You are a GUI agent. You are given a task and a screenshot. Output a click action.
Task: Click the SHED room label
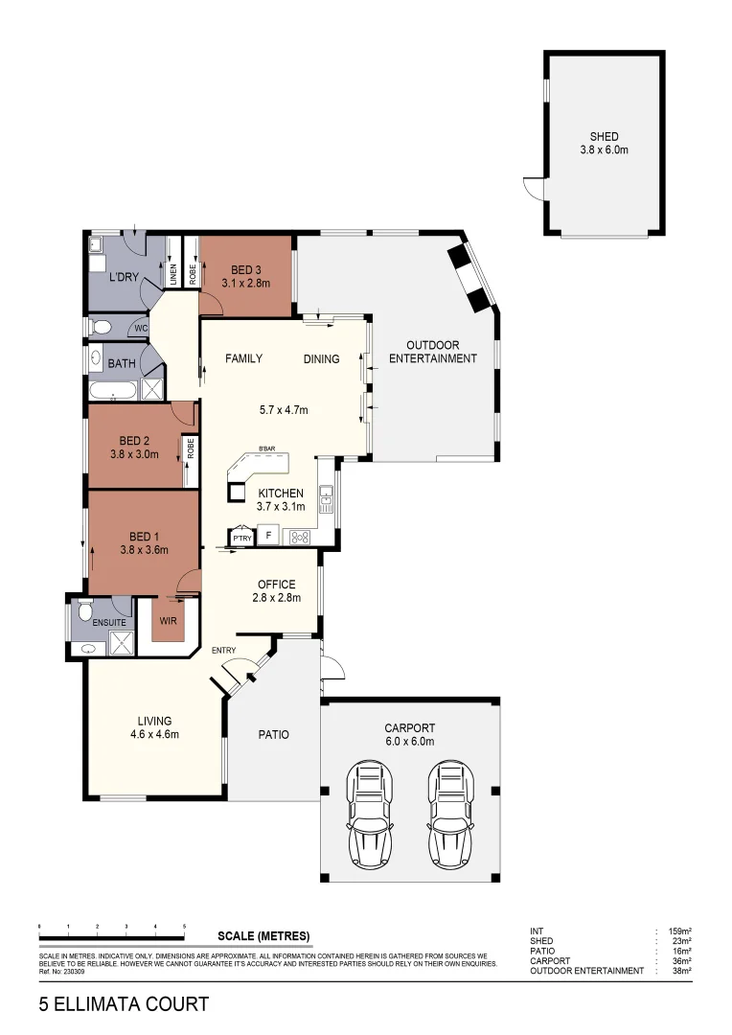604,136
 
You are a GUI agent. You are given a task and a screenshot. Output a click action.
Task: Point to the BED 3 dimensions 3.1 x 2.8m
245,283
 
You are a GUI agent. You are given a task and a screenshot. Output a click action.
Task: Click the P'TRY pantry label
240,538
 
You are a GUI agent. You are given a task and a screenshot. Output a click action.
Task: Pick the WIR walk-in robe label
167,620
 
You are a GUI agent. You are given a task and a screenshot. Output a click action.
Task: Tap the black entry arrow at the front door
251,677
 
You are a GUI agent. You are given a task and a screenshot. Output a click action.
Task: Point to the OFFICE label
276,585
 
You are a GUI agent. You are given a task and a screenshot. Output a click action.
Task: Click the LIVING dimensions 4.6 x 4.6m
154,735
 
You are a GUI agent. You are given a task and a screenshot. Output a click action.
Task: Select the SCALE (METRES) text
263,936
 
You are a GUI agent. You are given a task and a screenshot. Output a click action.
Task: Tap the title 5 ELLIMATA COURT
124,1005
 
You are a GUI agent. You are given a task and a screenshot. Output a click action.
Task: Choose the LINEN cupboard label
173,276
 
